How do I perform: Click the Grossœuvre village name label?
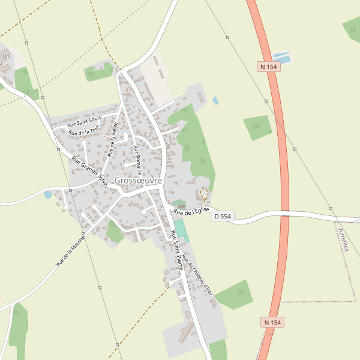138,180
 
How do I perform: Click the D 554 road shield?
222,216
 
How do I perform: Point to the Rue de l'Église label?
191,211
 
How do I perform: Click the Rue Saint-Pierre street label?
177,250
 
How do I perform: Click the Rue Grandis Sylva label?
89,171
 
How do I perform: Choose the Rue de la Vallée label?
112,139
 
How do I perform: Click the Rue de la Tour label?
83,131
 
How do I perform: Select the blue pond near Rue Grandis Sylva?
48,194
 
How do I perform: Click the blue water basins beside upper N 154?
281,58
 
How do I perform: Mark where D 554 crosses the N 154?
285,212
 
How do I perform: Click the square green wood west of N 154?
257,127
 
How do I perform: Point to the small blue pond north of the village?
215,101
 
